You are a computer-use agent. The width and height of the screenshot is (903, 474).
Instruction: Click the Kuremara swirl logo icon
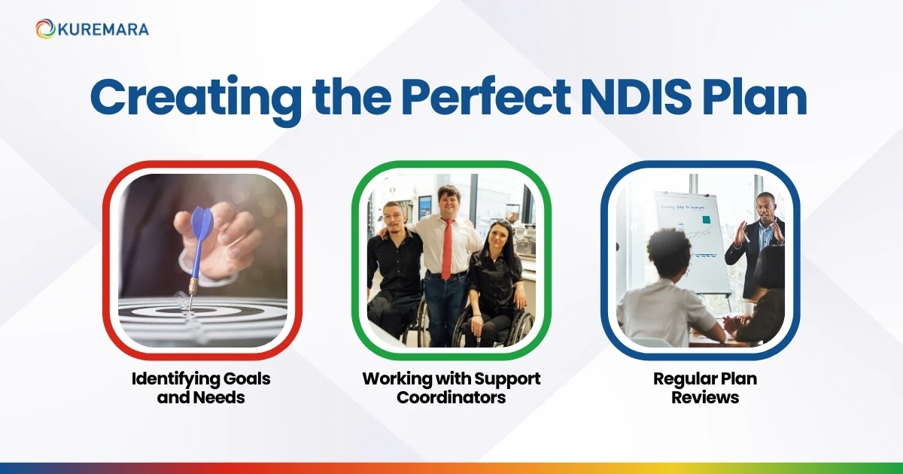pos(45,29)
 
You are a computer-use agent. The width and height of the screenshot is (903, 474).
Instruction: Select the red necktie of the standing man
pos(447,249)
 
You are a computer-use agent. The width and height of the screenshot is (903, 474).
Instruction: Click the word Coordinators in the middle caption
pos(451,397)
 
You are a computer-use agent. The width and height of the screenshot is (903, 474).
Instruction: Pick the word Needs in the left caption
pos(220,397)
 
